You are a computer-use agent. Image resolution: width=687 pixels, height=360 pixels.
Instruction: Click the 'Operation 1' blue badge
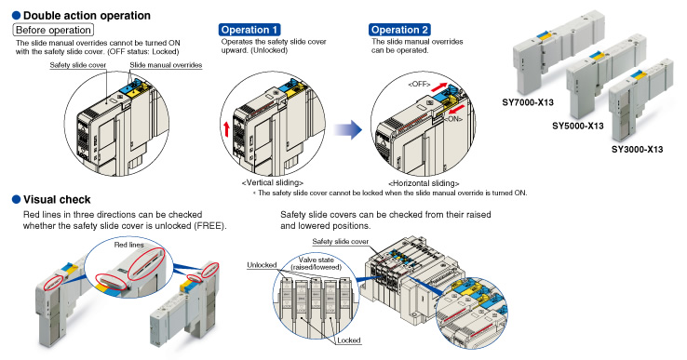point(249,30)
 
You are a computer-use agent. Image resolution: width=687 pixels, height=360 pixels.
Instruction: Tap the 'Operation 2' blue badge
point(399,30)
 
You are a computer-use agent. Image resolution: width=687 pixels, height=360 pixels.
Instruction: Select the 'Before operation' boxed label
point(53,30)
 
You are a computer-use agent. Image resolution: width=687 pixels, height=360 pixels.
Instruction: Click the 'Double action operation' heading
point(87,15)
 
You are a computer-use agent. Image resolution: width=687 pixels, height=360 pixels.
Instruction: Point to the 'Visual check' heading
point(57,200)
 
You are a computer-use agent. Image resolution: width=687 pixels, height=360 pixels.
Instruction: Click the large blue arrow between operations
point(348,129)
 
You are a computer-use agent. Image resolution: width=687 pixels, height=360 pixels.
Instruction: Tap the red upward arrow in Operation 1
point(226,129)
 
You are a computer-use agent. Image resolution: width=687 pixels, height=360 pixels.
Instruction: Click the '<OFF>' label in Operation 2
point(419,84)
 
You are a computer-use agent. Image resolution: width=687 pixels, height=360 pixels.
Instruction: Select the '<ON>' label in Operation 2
point(453,119)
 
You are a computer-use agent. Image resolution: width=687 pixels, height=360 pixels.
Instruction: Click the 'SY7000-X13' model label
point(528,102)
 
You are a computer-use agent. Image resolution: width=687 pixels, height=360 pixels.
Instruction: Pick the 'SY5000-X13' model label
point(577,127)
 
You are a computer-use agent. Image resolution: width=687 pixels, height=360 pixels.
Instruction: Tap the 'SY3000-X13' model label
point(637,150)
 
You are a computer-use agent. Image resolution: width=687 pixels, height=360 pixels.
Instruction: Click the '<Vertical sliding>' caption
point(272,182)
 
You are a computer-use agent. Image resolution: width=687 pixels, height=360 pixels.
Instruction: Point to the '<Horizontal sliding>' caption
point(424,183)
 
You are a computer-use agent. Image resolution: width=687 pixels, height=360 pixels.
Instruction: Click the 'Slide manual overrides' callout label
point(166,65)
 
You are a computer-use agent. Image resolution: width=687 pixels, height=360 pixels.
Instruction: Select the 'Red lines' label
point(128,245)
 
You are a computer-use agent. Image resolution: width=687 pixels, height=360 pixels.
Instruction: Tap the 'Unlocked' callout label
point(262,265)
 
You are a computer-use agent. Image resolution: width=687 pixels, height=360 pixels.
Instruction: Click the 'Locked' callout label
point(349,340)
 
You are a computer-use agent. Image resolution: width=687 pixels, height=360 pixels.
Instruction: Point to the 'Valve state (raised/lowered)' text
point(316,263)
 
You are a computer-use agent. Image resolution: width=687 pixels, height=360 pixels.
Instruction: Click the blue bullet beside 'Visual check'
point(16,200)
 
